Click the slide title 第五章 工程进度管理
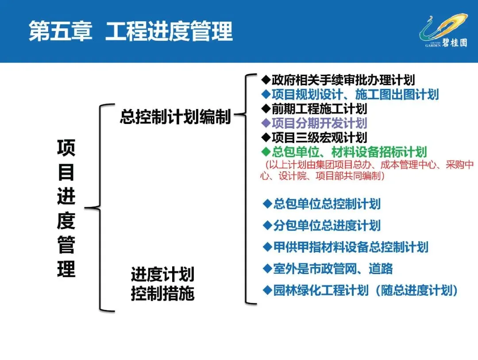coord(131,31)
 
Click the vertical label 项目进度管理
coord(66,209)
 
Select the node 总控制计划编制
coord(176,116)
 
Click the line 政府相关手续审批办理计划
coord(338,80)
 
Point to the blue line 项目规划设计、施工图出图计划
coord(350,94)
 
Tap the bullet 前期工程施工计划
coord(314,108)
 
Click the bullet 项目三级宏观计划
coord(314,137)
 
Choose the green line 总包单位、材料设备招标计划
coord(344,152)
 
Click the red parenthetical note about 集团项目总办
coord(367,170)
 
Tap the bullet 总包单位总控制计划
coord(322,204)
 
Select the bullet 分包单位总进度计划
coord(322,225)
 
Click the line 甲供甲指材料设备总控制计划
coord(346,247)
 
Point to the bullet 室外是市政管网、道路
coord(328,268)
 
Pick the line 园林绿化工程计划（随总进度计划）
coord(360,290)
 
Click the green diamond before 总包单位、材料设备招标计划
coord(266,152)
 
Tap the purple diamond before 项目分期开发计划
coord(266,123)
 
